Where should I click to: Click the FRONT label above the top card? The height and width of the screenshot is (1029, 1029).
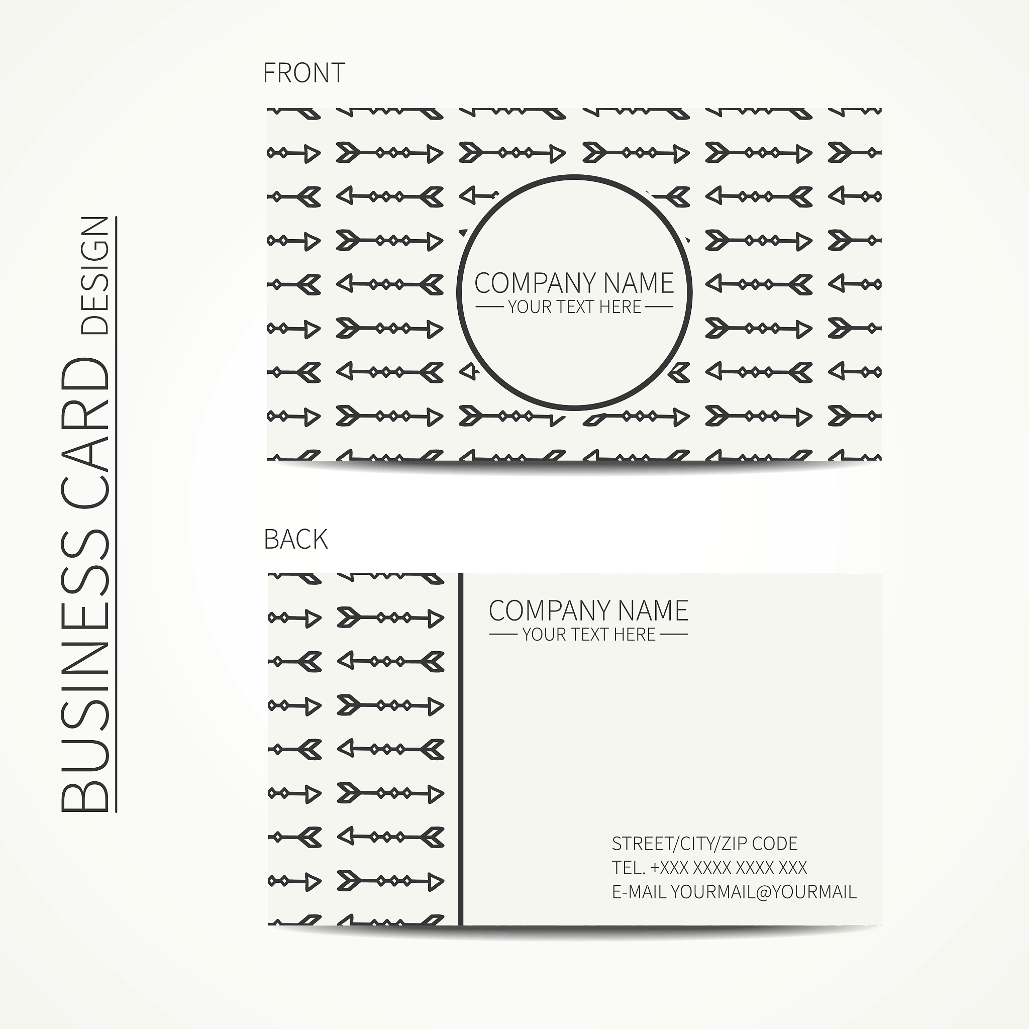coord(304,73)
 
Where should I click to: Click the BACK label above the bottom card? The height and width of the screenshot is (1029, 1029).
coord(295,540)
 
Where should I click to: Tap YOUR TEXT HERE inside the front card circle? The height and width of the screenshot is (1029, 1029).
coord(574,307)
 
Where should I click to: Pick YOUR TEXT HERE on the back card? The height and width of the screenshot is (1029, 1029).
coord(588,635)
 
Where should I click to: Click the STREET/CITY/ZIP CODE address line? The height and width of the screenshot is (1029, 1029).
coord(704,844)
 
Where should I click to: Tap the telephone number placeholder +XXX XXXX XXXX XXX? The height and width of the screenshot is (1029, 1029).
coord(729,868)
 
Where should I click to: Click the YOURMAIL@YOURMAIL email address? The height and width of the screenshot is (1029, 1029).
coord(763,892)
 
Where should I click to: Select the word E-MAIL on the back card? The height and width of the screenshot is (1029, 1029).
coord(639,892)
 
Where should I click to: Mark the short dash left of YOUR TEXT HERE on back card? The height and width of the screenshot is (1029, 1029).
coord(503,635)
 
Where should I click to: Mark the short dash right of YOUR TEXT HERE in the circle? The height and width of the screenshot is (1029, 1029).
coord(659,307)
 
